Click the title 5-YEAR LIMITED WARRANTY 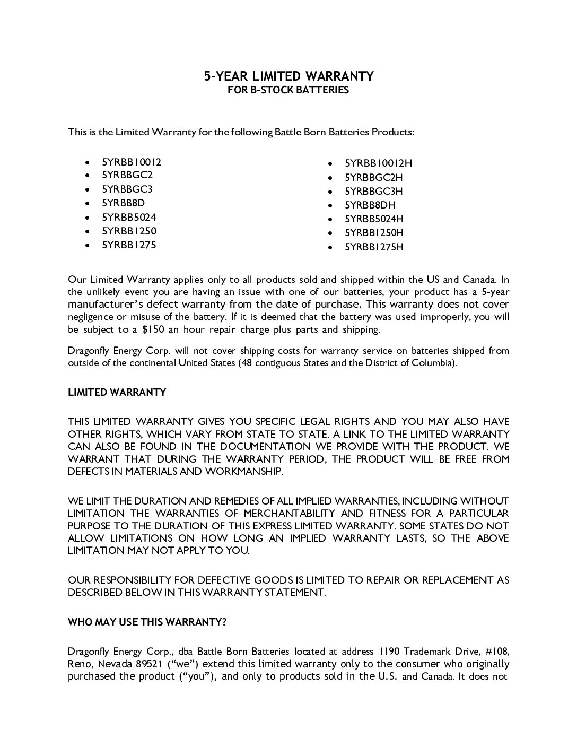coord(288,76)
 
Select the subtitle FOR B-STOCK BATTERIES coord(288,90)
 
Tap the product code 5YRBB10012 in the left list coord(132,162)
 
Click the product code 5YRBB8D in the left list coord(123,203)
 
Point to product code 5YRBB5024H coord(374,219)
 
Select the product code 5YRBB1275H coord(374,247)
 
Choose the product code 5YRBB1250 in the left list coord(129,231)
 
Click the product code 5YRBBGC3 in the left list coord(127,189)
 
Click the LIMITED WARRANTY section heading coord(117,393)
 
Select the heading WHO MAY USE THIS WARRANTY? coord(147,622)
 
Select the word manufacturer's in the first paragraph coord(106,305)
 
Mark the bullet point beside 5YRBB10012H coord(330,163)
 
